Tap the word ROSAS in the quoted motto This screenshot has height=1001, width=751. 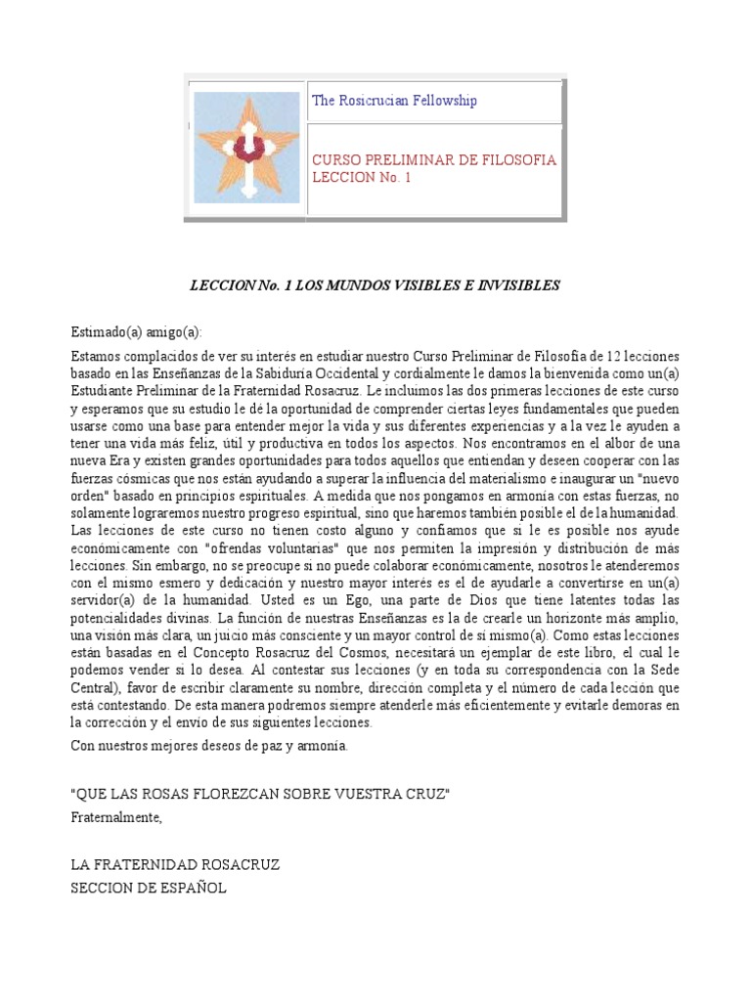click(168, 794)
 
